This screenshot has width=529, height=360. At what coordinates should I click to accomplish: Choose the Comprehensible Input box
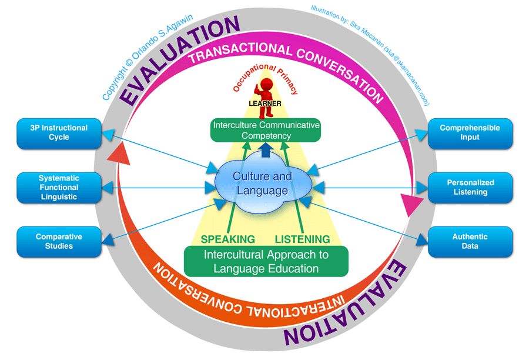470,133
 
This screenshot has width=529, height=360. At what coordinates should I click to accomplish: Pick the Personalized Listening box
470,188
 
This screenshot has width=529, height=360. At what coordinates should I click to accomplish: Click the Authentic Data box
470,242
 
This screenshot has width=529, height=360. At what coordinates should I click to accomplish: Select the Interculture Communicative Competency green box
266,131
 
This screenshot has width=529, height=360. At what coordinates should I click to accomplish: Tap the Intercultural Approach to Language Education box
266,262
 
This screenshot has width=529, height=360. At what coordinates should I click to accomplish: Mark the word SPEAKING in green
227,239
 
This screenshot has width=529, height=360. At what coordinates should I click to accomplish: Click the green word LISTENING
302,239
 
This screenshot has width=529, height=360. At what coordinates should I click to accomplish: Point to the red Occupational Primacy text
266,81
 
